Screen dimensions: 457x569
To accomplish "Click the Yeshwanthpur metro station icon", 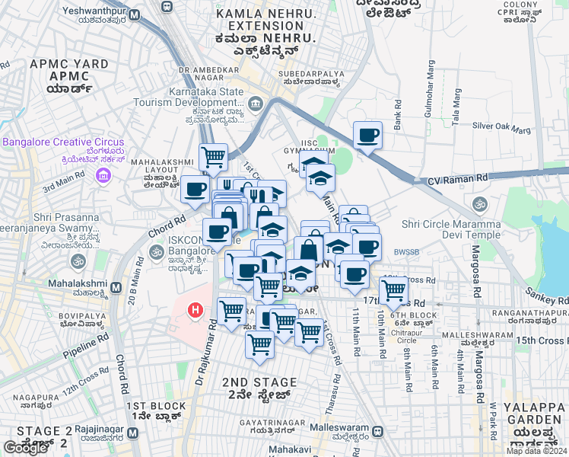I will (x=135, y=15).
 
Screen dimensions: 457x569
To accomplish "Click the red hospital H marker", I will (x=195, y=310).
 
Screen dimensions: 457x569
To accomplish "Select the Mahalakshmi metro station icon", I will (x=116, y=288).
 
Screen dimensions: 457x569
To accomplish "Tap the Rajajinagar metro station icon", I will (x=132, y=433).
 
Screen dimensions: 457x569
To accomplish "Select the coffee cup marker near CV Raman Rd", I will (x=368, y=136).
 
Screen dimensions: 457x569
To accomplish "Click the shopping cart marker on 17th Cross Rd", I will (x=393, y=289).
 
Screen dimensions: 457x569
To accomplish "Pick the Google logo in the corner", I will (x=25, y=448).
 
